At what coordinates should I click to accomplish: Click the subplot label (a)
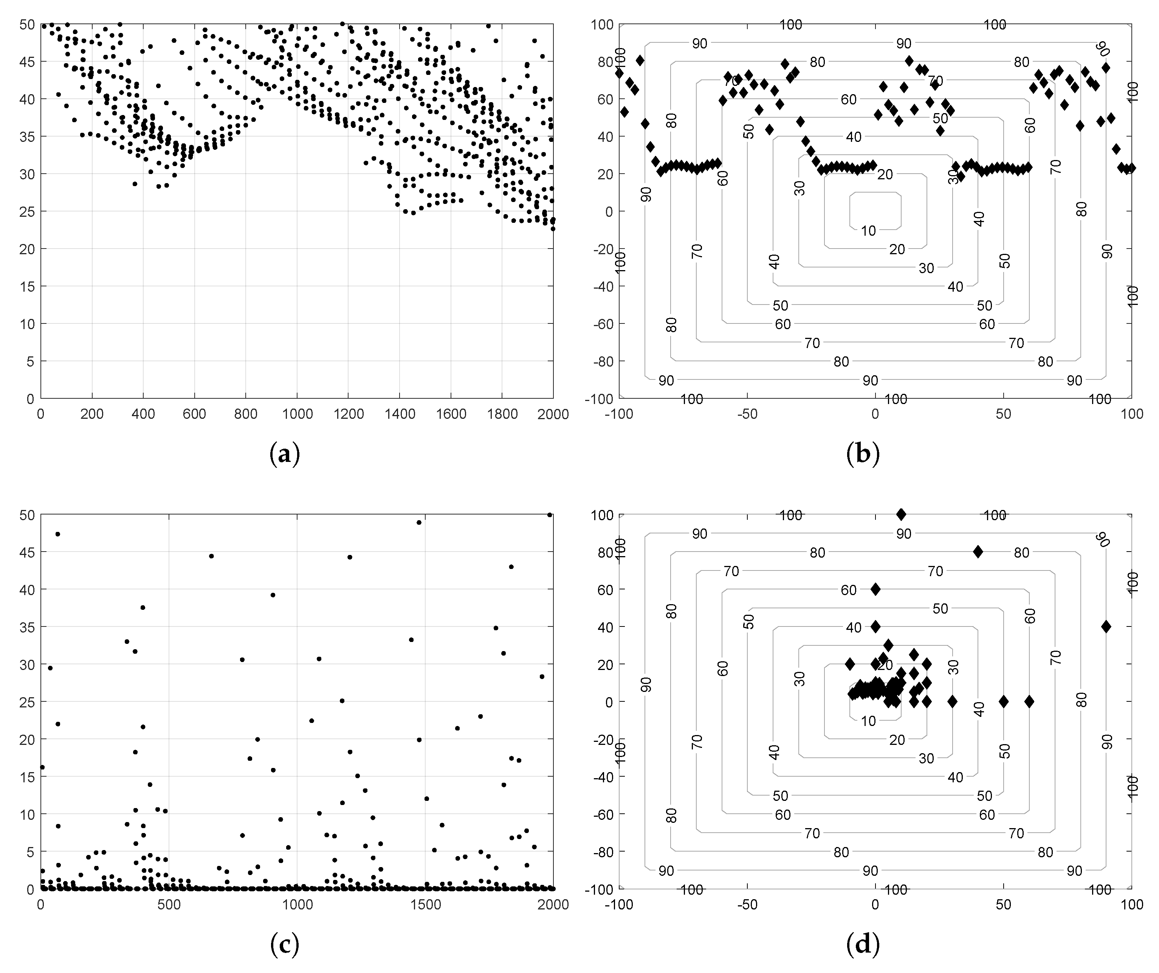pyautogui.click(x=285, y=454)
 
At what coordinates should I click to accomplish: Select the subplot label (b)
pyautogui.click(x=863, y=454)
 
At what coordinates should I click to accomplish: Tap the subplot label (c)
pyautogui.click(x=285, y=945)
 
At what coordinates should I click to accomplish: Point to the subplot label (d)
pyautogui.click(x=863, y=945)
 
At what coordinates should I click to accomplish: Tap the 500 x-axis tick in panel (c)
pyautogui.click(x=169, y=905)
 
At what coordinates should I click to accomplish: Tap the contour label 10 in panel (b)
pyautogui.click(x=868, y=231)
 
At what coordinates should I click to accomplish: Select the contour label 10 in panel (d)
pyautogui.click(x=868, y=721)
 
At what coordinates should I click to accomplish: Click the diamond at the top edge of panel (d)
pyautogui.click(x=901, y=514)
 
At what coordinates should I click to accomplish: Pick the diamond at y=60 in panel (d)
pyautogui.click(x=875, y=589)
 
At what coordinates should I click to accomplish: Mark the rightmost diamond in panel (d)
pyautogui.click(x=1106, y=627)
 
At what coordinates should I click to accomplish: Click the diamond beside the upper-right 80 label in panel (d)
pyautogui.click(x=978, y=552)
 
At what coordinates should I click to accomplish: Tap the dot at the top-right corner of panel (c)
pyautogui.click(x=550, y=514)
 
